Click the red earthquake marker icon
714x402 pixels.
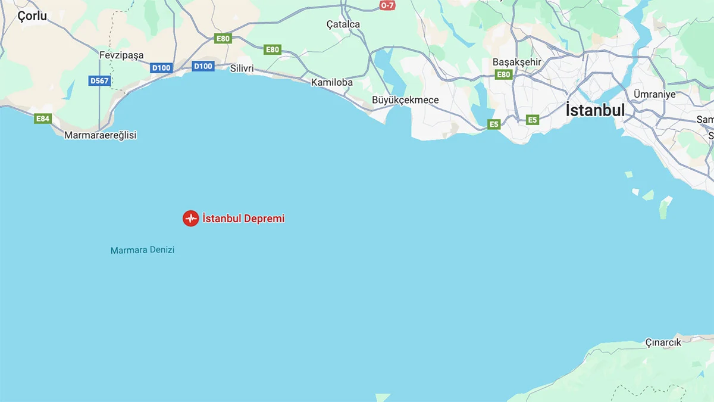tap(190, 219)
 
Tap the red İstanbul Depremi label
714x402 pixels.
tap(243, 219)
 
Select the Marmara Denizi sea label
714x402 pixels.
tap(142, 250)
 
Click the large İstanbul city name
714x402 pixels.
tap(595, 110)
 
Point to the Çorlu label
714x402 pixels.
tap(32, 16)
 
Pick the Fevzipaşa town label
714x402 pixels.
tap(121, 55)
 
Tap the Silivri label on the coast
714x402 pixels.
tap(242, 68)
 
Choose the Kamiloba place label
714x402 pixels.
tap(331, 82)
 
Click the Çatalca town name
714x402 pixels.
tap(343, 24)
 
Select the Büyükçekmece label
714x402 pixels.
tap(405, 99)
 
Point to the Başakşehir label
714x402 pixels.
tap(516, 62)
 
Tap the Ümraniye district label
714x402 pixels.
tap(654, 94)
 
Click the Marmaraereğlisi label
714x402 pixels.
tap(100, 135)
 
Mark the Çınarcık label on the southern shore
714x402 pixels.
tap(663, 342)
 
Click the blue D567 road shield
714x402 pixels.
tap(99, 80)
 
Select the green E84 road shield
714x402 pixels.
tap(43, 119)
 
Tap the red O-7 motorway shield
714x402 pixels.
tap(387, 5)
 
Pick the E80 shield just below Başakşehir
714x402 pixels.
tap(503, 74)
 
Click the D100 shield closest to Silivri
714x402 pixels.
tap(203, 66)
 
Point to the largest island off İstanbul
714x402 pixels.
tap(665, 207)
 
